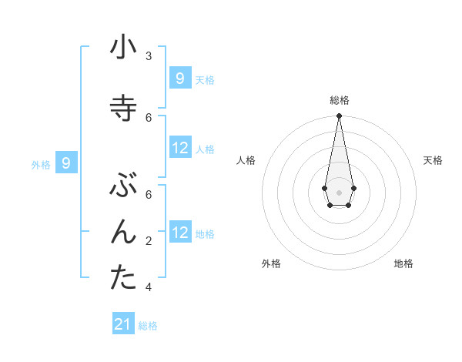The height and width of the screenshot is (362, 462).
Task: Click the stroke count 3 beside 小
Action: coord(149,56)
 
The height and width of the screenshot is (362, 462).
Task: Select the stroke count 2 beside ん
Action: coord(149,241)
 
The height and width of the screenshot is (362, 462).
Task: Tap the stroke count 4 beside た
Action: coord(149,287)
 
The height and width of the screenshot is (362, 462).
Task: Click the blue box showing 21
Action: coord(123,324)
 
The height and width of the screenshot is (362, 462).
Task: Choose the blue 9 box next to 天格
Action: coord(179,78)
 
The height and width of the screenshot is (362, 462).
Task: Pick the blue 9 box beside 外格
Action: coord(67,163)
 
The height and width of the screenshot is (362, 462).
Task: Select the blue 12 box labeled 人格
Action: coord(180,148)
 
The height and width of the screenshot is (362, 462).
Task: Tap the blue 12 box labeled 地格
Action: coord(180,233)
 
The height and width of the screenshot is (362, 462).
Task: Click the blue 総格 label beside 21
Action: coord(148,326)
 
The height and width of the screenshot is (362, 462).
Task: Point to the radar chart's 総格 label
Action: coord(340,100)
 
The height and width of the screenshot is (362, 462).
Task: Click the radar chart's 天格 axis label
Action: coord(434,160)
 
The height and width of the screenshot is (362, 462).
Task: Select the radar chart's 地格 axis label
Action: coord(403,263)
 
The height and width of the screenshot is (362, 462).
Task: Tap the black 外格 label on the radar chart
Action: coord(271,263)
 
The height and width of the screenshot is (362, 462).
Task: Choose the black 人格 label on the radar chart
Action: coord(246,160)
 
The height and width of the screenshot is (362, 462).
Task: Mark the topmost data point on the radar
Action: coord(339,116)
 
